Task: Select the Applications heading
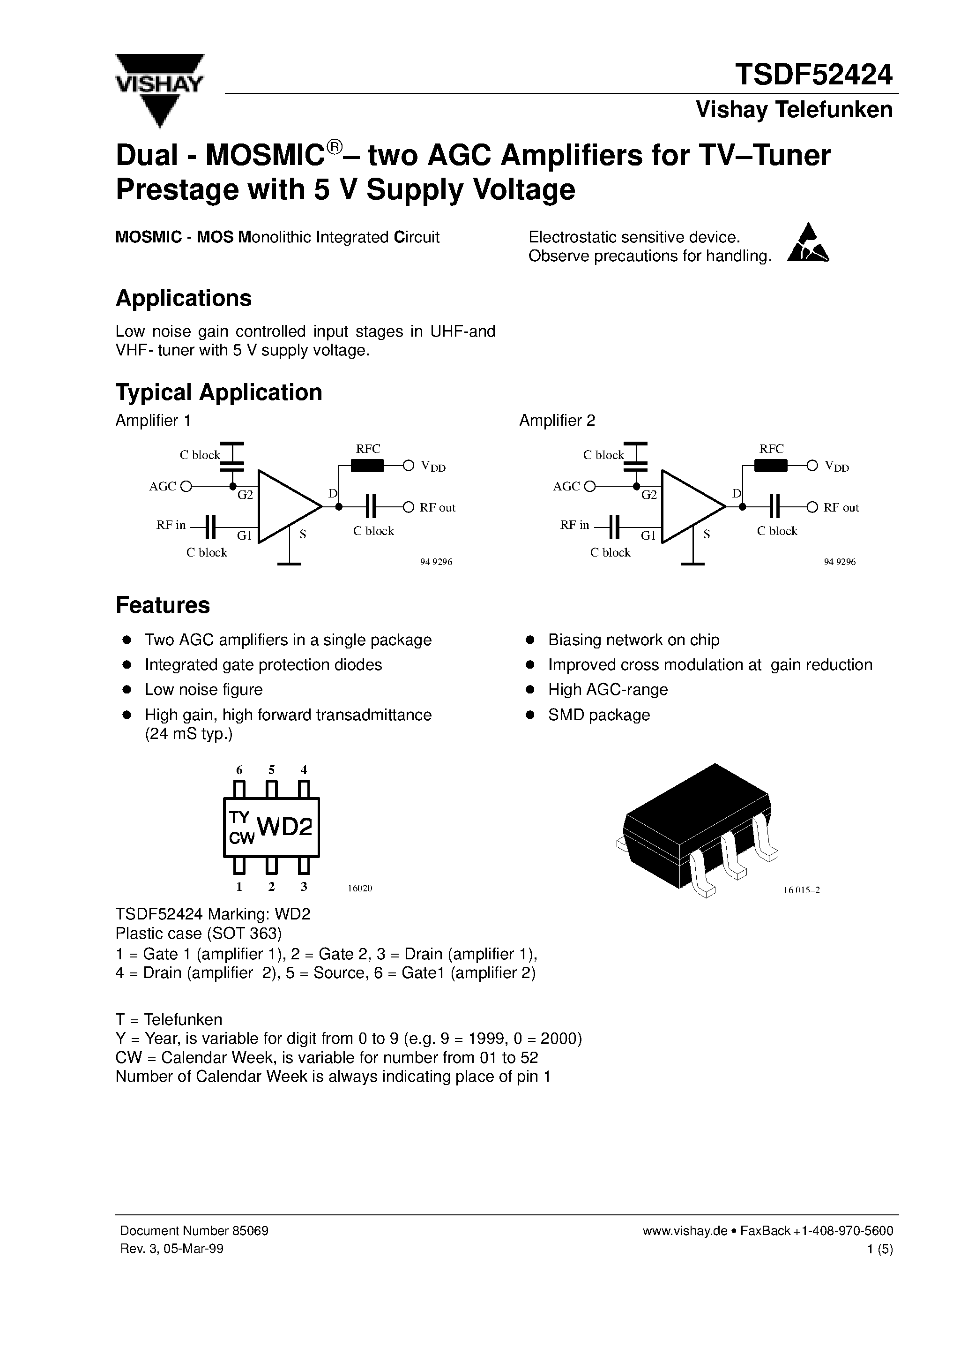pyautogui.click(x=183, y=298)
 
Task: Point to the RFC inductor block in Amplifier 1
pyautogui.click(x=367, y=466)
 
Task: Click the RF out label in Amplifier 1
pyautogui.click(x=438, y=507)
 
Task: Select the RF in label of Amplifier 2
pyautogui.click(x=574, y=525)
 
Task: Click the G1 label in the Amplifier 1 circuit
pyautogui.click(x=244, y=535)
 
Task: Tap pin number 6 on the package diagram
pyautogui.click(x=239, y=770)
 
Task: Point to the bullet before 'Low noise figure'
pyautogui.click(x=127, y=690)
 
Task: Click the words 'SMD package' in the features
pyautogui.click(x=599, y=715)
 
